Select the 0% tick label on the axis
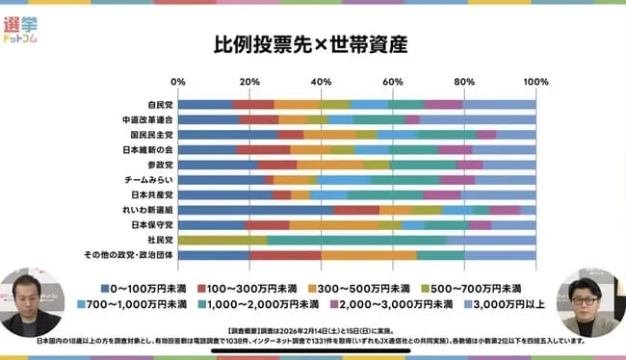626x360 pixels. [x=178, y=81]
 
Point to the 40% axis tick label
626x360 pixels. [x=321, y=81]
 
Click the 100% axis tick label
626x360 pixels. [x=535, y=81]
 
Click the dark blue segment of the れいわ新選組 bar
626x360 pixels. [x=255, y=209]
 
